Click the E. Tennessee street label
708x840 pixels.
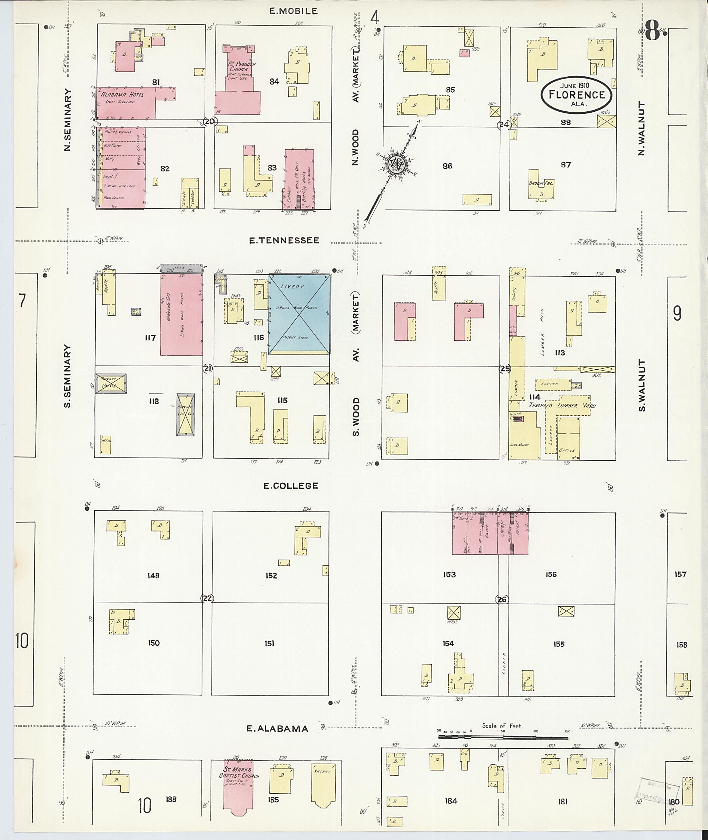pos(284,240)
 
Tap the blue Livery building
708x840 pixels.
pos(299,314)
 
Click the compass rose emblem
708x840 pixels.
pos(396,164)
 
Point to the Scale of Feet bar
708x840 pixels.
pos(503,737)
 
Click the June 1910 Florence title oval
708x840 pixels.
pos(576,94)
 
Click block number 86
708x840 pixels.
pos(447,166)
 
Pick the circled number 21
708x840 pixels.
pos(207,369)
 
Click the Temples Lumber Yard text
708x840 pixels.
pos(562,405)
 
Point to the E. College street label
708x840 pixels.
pos(291,486)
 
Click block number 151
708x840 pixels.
pos(269,643)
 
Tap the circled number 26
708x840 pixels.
pos(502,600)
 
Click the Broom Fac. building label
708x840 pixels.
pos(541,183)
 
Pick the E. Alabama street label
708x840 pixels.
pos(277,729)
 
